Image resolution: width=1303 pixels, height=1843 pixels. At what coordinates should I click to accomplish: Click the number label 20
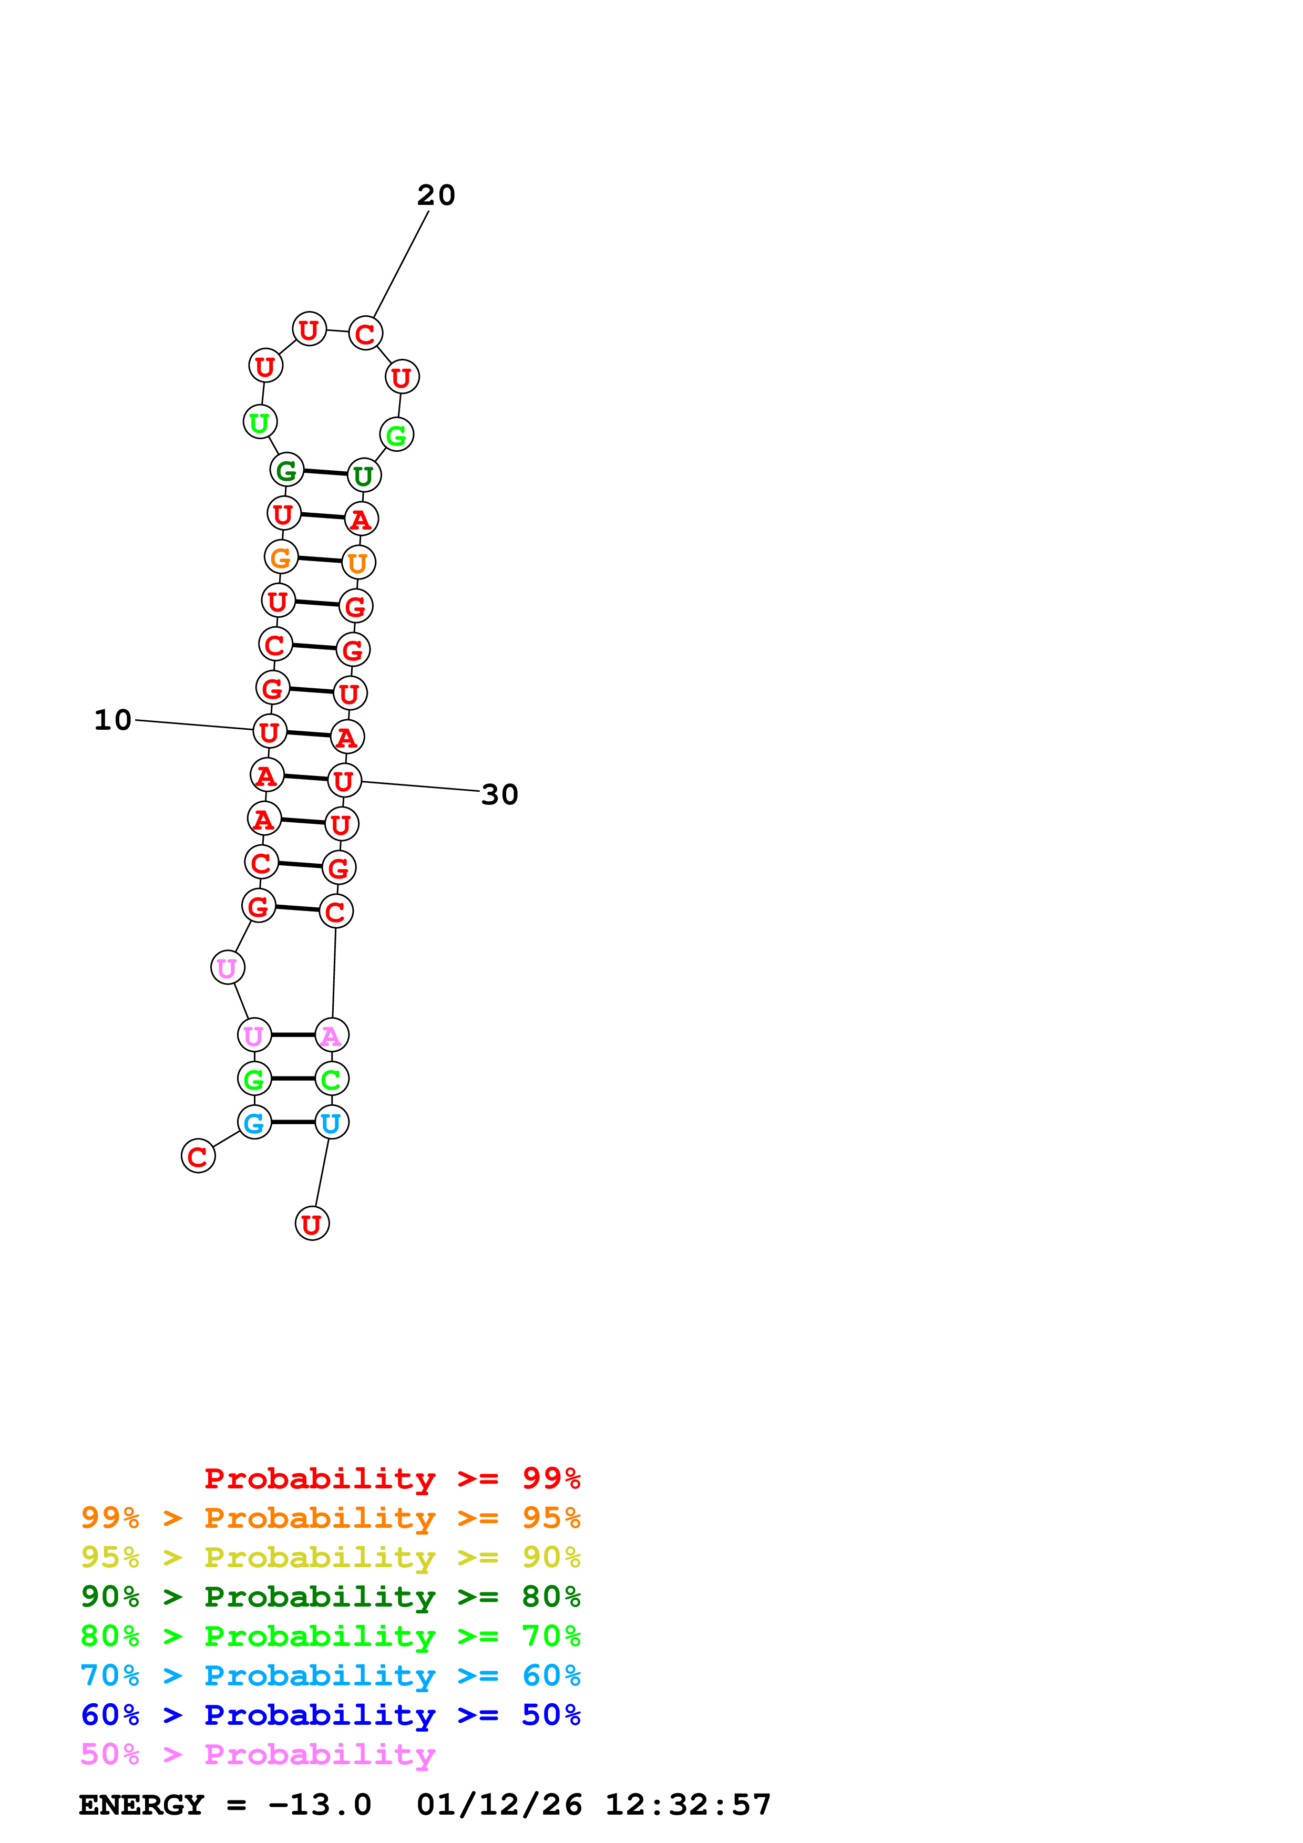point(436,195)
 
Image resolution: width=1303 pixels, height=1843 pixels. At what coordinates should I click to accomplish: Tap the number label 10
point(112,720)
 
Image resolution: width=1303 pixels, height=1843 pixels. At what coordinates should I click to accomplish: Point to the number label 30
point(499,795)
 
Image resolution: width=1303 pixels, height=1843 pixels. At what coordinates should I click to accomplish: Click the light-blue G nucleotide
point(254,1122)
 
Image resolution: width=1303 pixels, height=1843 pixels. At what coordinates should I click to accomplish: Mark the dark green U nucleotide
point(364,476)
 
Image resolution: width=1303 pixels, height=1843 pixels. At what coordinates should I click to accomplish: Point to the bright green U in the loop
point(259,422)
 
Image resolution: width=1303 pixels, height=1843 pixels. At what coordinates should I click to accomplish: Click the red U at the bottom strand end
point(312,1224)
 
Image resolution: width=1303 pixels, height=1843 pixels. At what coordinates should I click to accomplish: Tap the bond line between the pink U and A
point(293,1036)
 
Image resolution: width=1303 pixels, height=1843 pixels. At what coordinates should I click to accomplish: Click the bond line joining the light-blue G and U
point(293,1122)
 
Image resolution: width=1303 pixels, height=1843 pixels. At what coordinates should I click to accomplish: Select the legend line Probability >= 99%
point(392,1478)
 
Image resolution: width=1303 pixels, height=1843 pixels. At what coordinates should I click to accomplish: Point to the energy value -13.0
point(320,1805)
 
